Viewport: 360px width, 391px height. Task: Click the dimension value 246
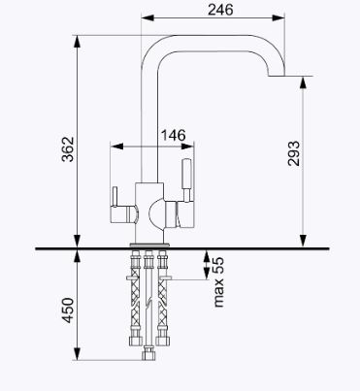click(x=220, y=10)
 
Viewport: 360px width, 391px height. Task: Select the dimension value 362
click(x=68, y=149)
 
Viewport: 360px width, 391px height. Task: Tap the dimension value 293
click(x=294, y=153)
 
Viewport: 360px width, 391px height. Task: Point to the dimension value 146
click(x=174, y=135)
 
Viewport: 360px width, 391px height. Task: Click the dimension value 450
click(x=68, y=310)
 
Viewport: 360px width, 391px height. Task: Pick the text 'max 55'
click(x=218, y=282)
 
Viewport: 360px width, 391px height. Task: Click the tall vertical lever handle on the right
click(x=186, y=180)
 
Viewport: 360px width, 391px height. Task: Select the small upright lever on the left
click(x=114, y=197)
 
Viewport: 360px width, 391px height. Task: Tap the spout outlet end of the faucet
click(x=277, y=76)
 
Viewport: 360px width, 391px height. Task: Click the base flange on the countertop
click(x=149, y=244)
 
